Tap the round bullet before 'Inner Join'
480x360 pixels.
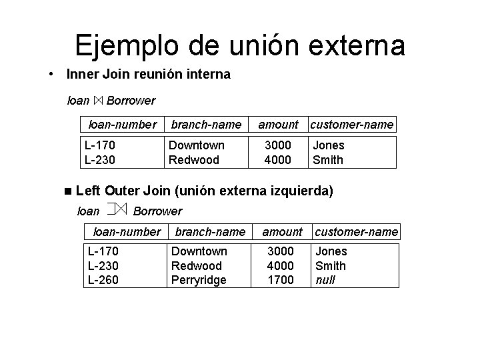pos(51,74)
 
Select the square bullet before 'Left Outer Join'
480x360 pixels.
pos(68,191)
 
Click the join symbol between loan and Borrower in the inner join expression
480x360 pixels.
pos(98,101)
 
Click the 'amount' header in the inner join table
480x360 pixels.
pos(278,124)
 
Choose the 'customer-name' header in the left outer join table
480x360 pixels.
pos(356,232)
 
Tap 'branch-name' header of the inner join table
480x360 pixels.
pos(206,124)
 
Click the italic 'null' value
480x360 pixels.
pos(325,280)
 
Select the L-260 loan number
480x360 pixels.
pos(103,280)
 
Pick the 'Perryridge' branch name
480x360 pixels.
pos(199,280)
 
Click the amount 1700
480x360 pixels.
pos(280,280)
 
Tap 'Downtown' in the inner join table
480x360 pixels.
pos(196,145)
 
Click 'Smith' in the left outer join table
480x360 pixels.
pos(330,266)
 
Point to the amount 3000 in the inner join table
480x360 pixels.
pos(277,145)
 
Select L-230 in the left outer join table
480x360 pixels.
pos(103,266)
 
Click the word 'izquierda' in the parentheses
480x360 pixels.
pos(299,191)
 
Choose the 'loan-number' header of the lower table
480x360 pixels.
pos(127,232)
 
